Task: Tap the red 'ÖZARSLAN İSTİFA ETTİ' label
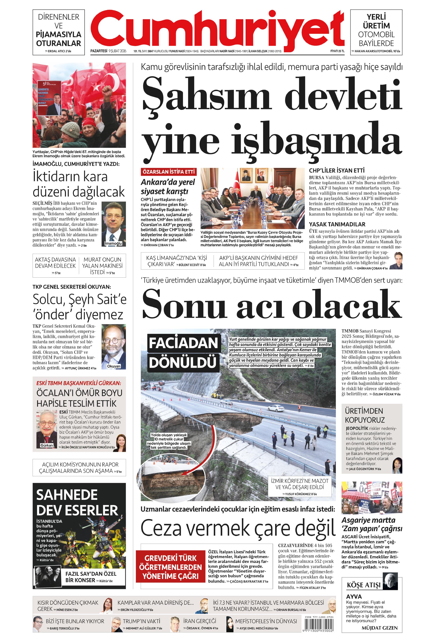(168, 172)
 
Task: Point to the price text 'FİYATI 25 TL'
(337, 51)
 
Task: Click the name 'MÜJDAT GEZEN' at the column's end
(379, 628)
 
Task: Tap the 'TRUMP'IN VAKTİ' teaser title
(141, 621)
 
